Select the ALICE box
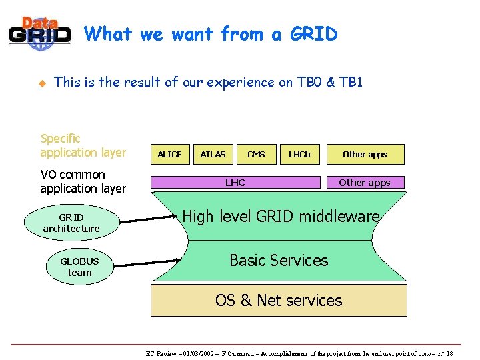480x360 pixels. click(x=169, y=154)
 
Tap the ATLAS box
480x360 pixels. click(x=213, y=154)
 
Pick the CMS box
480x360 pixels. click(x=256, y=154)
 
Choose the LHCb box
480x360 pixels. click(x=299, y=154)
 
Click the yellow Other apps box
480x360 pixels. click(x=365, y=154)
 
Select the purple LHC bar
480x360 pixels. click(x=235, y=182)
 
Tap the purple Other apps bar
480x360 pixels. click(x=365, y=182)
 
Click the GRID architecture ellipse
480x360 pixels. click(x=71, y=223)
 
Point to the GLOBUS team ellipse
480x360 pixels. click(x=79, y=267)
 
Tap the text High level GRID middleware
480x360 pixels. click(x=281, y=216)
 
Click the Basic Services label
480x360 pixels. click(x=279, y=260)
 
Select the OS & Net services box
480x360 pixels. click(x=279, y=300)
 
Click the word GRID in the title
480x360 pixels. click(x=313, y=33)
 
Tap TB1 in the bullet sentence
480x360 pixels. click(x=351, y=82)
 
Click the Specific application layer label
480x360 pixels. click(x=83, y=145)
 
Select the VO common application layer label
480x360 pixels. click(x=83, y=181)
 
